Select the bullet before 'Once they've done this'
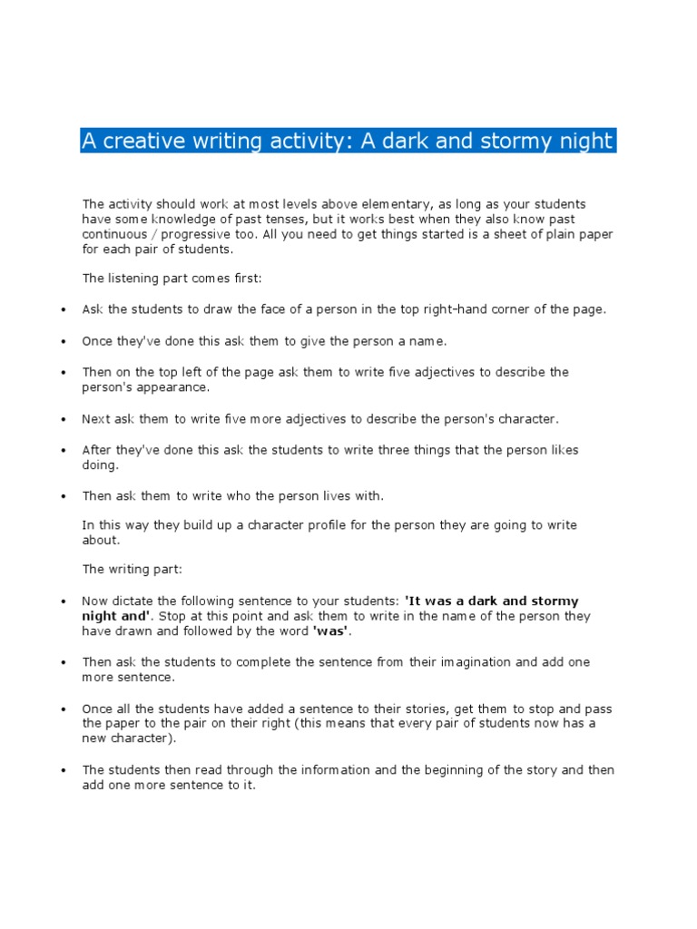(64, 341)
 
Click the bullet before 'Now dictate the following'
(64, 602)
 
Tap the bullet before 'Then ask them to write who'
(64, 497)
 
